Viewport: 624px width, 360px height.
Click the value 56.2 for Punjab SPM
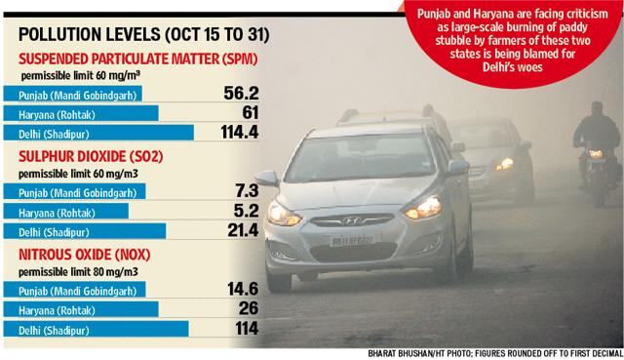coord(241,94)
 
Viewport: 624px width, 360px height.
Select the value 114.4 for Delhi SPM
coord(240,132)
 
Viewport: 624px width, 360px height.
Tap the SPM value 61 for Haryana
coord(251,113)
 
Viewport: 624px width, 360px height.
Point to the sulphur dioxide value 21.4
coord(243,230)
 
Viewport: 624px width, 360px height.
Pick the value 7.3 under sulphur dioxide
coord(247,191)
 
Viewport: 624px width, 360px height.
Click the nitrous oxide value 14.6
coord(243,289)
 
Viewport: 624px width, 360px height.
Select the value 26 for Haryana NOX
coord(249,308)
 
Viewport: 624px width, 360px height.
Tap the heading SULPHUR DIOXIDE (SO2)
coord(91,156)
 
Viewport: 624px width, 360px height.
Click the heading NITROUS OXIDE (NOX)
coord(85,255)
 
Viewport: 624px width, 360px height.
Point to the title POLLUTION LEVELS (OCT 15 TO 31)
coord(144,35)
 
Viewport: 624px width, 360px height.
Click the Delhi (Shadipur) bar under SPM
coord(98,133)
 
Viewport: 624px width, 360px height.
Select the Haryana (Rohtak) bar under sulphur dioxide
coord(66,211)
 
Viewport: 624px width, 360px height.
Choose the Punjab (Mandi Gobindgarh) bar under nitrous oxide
coord(74,290)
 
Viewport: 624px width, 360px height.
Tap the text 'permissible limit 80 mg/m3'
coord(78,272)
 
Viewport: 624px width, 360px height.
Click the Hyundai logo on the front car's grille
coord(352,220)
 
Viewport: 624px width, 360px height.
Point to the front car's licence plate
coord(353,240)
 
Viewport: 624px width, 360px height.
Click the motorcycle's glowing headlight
coord(596,154)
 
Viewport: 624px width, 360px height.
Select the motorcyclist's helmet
coord(597,107)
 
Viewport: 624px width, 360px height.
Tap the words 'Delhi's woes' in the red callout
coord(513,67)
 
